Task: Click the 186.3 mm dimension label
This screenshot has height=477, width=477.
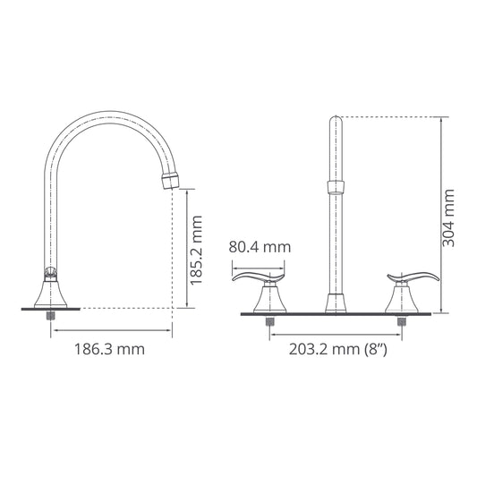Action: (106, 350)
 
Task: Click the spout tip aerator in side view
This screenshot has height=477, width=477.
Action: (170, 181)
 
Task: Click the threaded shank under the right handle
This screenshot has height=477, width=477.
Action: (402, 320)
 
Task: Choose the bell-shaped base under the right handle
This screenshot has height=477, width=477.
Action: (402, 298)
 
